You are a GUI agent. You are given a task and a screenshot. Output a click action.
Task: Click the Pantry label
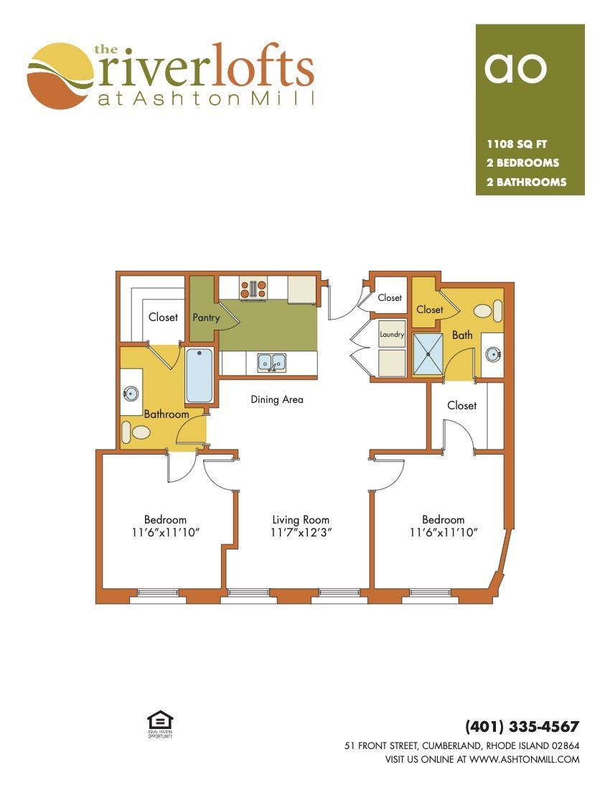[206, 318]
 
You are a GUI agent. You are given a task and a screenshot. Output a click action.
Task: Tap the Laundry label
[392, 335]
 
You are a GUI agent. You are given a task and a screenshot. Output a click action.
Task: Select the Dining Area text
[277, 399]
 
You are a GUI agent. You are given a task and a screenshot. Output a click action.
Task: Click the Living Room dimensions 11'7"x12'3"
[301, 533]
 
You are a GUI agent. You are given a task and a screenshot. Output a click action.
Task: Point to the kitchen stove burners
[253, 289]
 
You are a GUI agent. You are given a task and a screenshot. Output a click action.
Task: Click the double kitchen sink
[272, 362]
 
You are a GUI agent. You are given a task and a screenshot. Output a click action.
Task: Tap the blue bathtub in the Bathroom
[200, 376]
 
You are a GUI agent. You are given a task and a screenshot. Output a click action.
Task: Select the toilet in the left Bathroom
[136, 432]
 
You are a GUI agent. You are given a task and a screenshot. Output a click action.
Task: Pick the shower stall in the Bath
[428, 354]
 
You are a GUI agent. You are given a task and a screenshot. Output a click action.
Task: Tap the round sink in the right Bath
[492, 354]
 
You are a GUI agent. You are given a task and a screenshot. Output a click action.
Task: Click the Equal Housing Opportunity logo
[159, 724]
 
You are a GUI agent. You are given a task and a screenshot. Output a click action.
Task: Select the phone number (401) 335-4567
[522, 727]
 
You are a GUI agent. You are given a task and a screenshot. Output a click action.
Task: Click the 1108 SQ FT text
[517, 144]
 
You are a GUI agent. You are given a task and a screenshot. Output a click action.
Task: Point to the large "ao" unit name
[515, 68]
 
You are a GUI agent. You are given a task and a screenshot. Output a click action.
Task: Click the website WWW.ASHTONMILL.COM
[525, 759]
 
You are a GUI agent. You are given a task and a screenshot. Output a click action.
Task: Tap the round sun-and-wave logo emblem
[60, 76]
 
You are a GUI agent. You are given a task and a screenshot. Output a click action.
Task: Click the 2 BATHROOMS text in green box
[527, 182]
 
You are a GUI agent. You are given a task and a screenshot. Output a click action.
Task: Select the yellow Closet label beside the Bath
[430, 310]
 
